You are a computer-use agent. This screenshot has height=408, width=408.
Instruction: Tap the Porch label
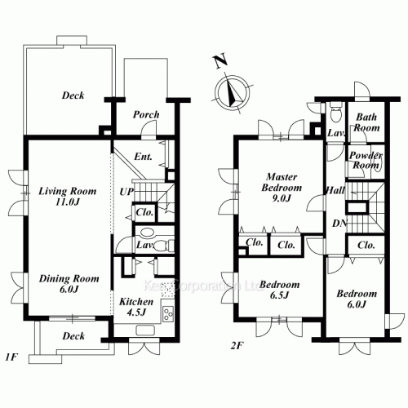pos(146,114)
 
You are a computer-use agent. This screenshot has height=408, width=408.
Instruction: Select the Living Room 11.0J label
pos(67,197)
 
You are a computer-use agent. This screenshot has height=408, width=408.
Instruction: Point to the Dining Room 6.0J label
pos(69,283)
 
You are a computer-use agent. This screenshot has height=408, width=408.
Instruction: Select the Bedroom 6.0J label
pos(357,299)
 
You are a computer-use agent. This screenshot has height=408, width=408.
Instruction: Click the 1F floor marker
pos(11,357)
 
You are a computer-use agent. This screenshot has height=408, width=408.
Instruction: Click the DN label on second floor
pos(338,224)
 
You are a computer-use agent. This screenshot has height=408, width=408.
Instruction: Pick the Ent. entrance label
pos(144,157)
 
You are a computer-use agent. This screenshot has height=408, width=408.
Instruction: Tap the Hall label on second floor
pos(335,190)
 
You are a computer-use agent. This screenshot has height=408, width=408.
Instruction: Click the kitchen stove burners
pos(169,314)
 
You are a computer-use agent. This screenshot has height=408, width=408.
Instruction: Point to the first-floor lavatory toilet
pos(162,244)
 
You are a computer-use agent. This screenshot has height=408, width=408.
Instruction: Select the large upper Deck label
pos(73,95)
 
